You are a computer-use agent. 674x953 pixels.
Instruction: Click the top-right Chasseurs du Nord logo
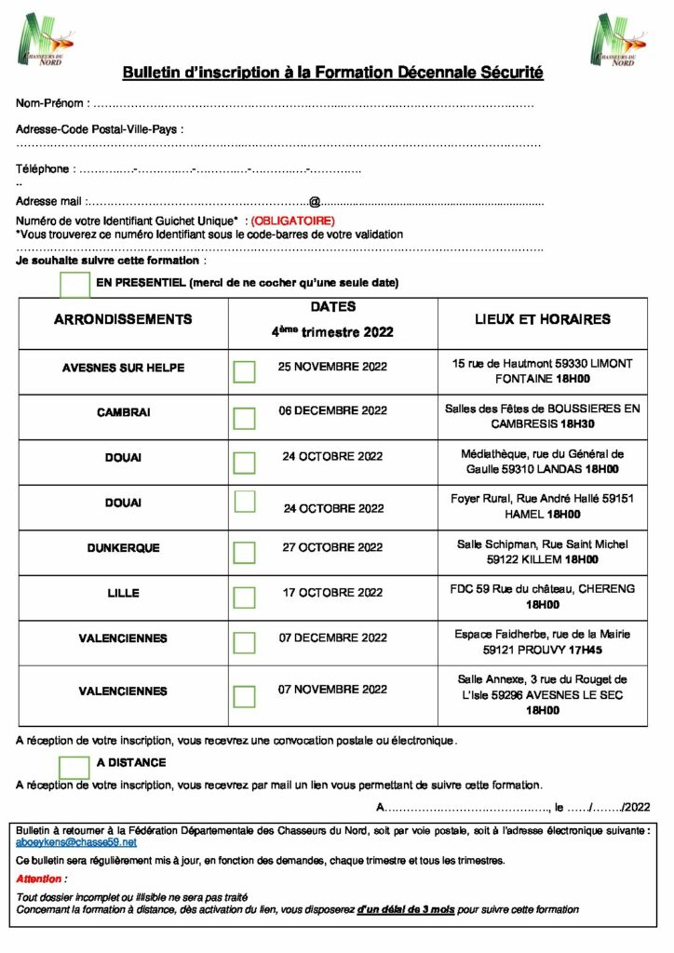[618, 40]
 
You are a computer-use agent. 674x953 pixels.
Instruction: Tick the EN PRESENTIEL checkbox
[74, 284]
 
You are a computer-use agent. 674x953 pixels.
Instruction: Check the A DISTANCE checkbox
[74, 765]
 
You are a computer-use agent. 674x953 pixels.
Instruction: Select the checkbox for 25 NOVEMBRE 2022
[244, 371]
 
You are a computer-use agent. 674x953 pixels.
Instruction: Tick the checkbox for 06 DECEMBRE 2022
[244, 418]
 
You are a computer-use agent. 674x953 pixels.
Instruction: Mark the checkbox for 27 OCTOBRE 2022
[244, 553]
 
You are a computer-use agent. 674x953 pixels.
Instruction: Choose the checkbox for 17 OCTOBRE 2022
[244, 597]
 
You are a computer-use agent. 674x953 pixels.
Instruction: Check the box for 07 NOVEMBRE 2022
[244, 695]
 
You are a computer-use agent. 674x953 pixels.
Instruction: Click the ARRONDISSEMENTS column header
[123, 319]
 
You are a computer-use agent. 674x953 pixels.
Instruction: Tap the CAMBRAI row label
[123, 411]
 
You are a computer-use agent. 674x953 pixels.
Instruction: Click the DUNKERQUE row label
[123, 548]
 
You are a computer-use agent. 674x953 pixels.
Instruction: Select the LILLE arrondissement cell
[123, 592]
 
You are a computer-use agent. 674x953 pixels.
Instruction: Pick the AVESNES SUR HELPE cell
[123, 368]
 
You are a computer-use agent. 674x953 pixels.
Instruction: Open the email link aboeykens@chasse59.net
[76, 841]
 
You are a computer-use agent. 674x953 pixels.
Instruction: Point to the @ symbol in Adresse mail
[315, 201]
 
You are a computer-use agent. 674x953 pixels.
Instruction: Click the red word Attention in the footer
[39, 879]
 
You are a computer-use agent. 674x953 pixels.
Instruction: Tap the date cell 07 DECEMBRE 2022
[332, 638]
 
